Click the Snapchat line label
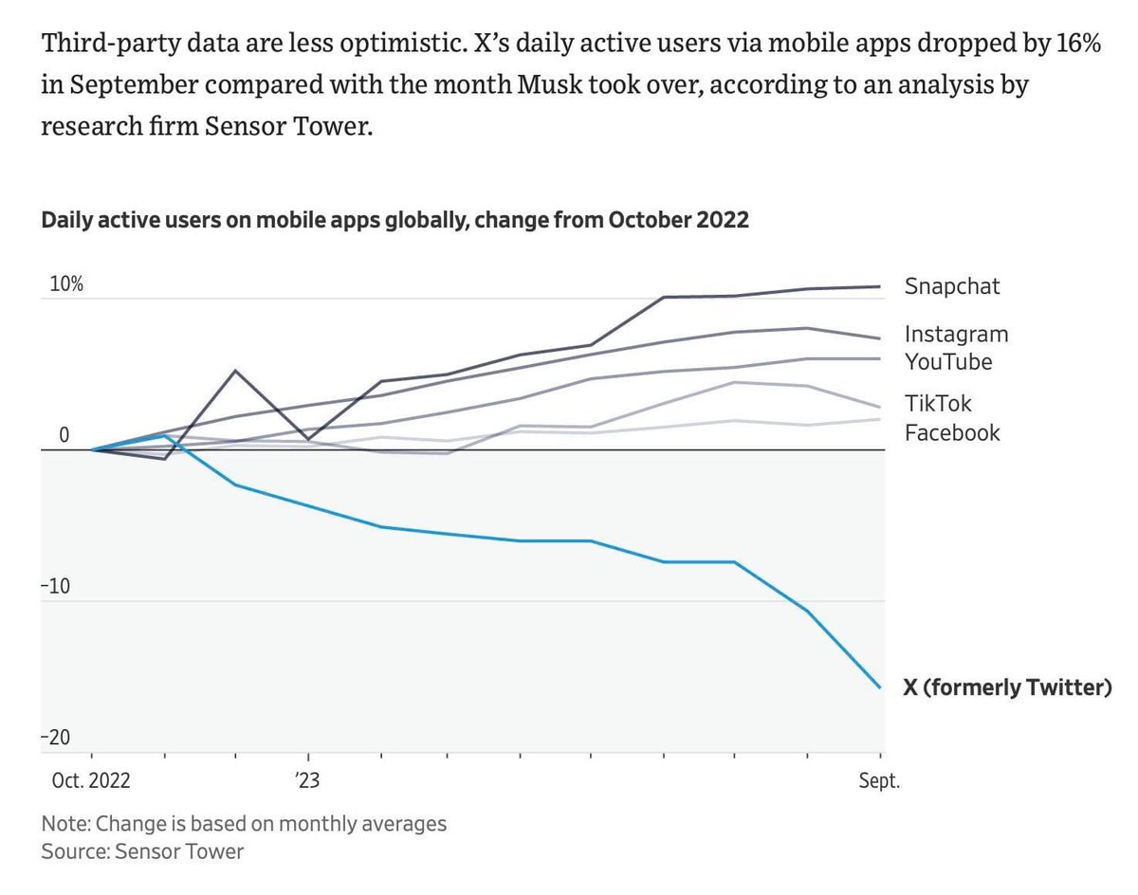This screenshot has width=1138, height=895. [951, 286]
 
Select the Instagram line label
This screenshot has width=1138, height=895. [956, 334]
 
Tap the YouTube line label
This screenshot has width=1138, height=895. [948, 361]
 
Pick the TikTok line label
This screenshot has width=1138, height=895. [938, 404]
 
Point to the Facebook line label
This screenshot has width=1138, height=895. [952, 433]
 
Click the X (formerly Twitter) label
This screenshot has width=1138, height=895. [1006, 688]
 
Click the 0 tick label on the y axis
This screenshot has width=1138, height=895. [64, 436]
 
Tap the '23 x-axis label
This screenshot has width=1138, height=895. [307, 783]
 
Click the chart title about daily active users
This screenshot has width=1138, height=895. [395, 220]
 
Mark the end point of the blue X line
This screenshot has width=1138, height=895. [881, 688]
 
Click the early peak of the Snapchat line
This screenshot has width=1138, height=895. [235, 371]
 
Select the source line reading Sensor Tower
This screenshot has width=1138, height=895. [142, 851]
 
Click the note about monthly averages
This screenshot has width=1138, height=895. [244, 823]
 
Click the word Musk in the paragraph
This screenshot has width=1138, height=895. [546, 84]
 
